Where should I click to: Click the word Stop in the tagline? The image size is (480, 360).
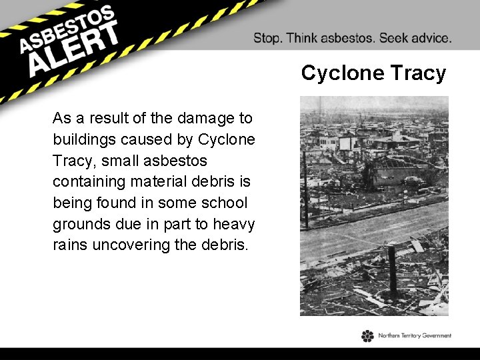pyautogui.click(x=267, y=38)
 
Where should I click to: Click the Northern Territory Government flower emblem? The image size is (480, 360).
pyautogui.click(x=367, y=336)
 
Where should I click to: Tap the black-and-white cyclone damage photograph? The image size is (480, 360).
pyautogui.click(x=374, y=206)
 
